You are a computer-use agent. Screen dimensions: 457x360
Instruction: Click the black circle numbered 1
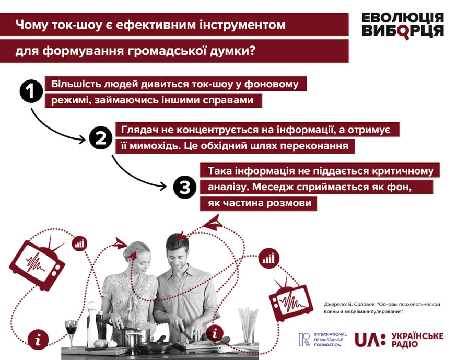point(31,91)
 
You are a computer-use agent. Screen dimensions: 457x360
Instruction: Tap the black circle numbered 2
point(101,138)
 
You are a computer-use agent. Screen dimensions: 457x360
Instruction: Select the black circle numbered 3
point(185,187)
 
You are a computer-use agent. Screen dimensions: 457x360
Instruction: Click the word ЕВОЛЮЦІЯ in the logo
point(403,18)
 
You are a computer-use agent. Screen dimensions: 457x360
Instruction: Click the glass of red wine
point(71,333)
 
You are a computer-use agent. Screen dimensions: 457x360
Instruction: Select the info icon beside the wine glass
point(38,339)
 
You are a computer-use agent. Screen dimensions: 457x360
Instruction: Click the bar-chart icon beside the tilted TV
point(79,243)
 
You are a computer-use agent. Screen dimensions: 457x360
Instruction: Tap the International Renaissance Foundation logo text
point(330,340)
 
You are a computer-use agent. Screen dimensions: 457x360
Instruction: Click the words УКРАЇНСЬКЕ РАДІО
point(417,340)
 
